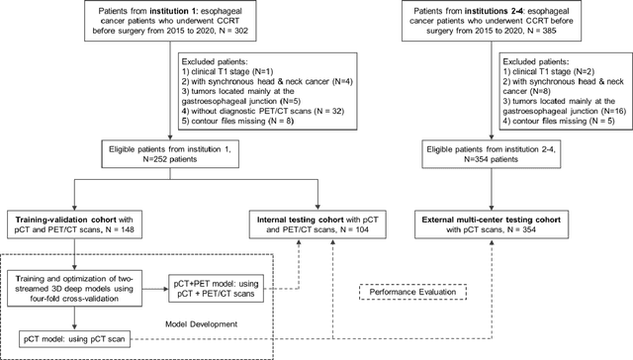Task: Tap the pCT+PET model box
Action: point(214,287)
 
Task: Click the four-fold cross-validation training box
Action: point(76,287)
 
